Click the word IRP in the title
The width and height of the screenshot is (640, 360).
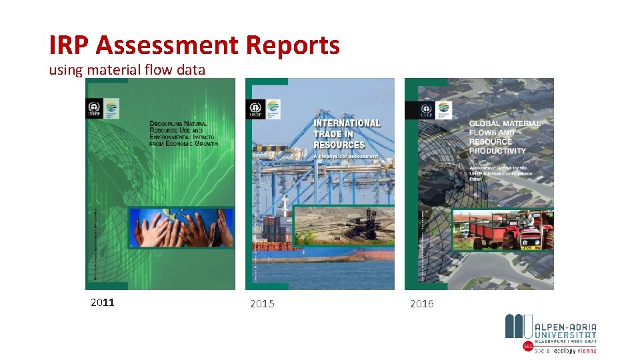point(69,45)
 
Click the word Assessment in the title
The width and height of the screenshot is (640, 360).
point(167,45)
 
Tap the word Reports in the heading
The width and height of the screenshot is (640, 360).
point(293,45)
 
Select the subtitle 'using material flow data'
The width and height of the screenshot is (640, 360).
point(127,69)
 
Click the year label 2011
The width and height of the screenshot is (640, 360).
point(103,302)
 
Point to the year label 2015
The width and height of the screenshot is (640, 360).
point(262,304)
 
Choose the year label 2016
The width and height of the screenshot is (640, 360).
point(421,304)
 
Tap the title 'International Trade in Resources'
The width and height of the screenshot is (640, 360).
point(347,133)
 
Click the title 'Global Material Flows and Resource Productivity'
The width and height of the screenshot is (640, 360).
point(504,137)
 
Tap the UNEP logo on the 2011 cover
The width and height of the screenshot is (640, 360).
point(94,109)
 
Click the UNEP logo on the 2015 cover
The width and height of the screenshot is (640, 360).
point(255,109)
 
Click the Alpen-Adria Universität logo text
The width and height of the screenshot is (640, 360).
point(565,331)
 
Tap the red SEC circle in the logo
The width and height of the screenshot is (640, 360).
point(528,347)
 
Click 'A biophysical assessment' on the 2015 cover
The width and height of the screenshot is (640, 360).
point(345,157)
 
